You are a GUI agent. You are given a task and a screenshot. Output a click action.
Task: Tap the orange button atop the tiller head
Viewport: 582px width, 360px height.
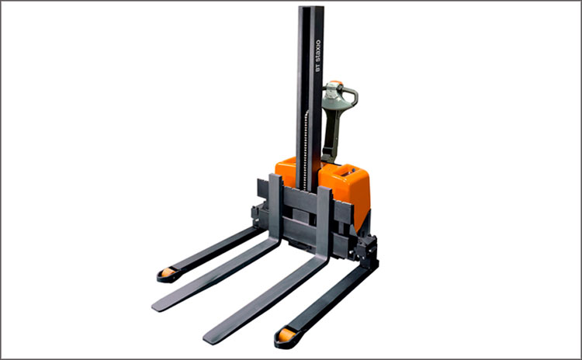336,82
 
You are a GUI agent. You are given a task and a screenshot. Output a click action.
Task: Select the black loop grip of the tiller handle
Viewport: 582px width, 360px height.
352,95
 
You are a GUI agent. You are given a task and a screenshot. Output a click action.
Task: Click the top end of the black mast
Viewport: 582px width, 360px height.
311,6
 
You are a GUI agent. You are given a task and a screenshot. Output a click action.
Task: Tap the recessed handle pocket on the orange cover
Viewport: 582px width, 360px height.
347,172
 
